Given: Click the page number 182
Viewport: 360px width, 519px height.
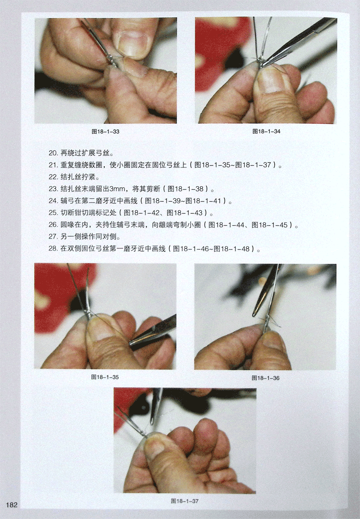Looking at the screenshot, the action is point(12,505).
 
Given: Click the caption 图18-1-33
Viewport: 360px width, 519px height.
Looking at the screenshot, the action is point(106,132).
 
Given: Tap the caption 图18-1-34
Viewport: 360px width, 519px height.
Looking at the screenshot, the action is point(266,132).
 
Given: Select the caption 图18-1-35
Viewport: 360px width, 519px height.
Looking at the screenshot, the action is point(105,377).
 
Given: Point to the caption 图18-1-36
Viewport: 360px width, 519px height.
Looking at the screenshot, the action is point(266,378).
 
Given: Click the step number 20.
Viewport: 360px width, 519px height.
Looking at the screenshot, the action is point(53,153).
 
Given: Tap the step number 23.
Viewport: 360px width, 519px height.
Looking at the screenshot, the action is point(53,189).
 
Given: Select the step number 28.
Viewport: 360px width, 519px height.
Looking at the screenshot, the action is point(53,249).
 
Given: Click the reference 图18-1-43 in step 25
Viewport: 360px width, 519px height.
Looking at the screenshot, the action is point(184,213).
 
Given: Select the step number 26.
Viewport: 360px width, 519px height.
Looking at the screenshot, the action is point(53,225).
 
